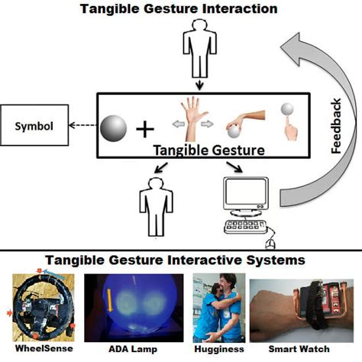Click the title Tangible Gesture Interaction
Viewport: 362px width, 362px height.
[x=181, y=9]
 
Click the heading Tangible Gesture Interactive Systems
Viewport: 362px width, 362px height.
[x=181, y=260]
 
